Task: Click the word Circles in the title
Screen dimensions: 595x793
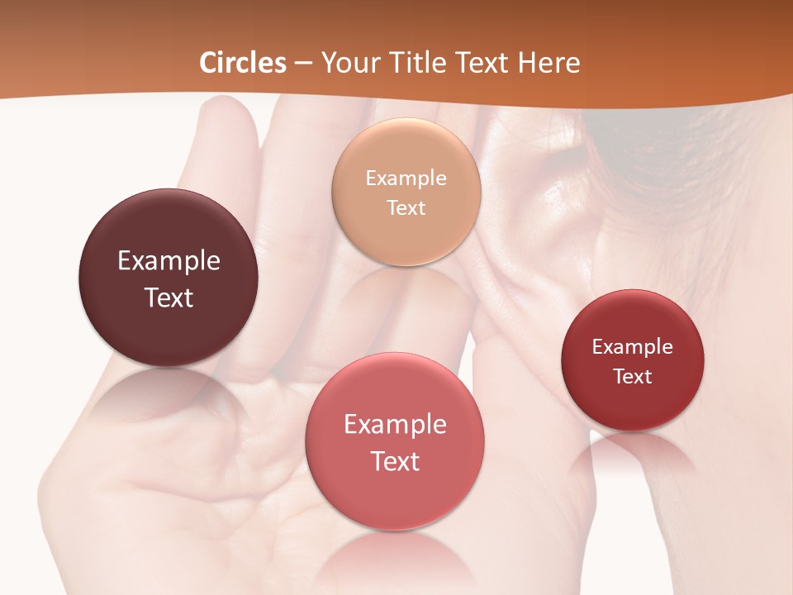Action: (243, 63)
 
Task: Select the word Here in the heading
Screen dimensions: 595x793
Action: (548, 63)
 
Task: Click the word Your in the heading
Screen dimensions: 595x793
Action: (351, 63)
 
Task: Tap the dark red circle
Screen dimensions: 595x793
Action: (633, 405)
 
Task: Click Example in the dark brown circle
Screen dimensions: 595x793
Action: (169, 260)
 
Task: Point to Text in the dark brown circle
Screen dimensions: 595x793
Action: (169, 297)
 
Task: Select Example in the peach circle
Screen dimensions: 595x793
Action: (406, 178)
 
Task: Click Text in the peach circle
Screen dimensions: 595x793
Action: (406, 207)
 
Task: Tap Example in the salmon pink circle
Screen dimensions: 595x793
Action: (395, 424)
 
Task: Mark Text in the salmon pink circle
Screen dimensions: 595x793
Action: (395, 461)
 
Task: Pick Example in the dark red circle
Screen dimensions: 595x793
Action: (633, 346)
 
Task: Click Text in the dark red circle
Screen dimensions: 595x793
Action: (633, 376)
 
